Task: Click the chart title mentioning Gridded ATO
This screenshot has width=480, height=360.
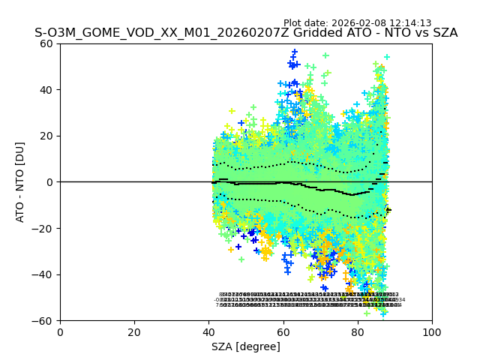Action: pyautogui.click(x=246, y=34)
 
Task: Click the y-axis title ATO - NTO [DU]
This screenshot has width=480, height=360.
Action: pyautogui.click(x=21, y=182)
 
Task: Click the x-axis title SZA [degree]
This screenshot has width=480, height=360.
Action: pyautogui.click(x=246, y=346)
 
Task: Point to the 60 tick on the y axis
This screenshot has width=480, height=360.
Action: pyautogui.click(x=46, y=43)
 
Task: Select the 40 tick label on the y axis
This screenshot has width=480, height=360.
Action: pyautogui.click(x=46, y=90)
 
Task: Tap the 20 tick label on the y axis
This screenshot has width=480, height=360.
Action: pyautogui.click(x=46, y=136)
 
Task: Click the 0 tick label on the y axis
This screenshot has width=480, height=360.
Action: pyautogui.click(x=49, y=182)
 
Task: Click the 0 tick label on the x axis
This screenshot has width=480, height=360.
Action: pyautogui.click(x=60, y=332)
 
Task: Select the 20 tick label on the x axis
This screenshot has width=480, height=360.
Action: pyautogui.click(x=134, y=332)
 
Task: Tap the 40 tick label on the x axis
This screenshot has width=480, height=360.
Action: pyautogui.click(x=208, y=332)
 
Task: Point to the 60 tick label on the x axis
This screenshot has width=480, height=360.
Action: pyautogui.click(x=283, y=332)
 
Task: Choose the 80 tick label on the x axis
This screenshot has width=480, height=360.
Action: pyautogui.click(x=358, y=332)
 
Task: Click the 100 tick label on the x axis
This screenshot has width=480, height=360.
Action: pyautogui.click(x=432, y=332)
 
